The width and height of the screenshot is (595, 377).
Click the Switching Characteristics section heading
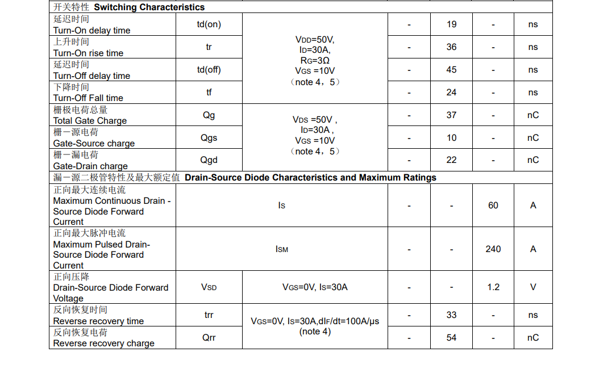point(149,7)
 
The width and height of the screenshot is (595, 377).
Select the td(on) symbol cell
point(209,24)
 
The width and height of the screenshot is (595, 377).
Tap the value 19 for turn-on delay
point(451,24)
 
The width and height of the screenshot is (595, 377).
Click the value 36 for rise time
point(451,47)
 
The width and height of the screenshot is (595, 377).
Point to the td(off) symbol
point(209,70)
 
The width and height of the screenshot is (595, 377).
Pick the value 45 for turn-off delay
point(451,70)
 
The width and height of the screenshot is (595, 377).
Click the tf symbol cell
point(209,92)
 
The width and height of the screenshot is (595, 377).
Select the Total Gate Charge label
point(90,120)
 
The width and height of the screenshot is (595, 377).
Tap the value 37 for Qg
point(451,115)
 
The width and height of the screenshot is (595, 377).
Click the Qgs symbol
point(209,137)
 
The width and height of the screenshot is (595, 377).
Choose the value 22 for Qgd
point(451,160)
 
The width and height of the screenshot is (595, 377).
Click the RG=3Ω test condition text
point(315,60)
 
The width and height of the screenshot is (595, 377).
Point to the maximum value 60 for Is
point(493,206)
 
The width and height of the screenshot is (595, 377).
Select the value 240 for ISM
point(493,249)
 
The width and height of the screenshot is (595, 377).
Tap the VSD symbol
point(209,287)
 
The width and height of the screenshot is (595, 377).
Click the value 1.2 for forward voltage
point(493,287)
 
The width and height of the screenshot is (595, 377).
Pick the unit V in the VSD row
point(532,287)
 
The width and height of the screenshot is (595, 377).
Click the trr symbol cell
point(209,315)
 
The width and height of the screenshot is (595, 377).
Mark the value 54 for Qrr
point(451,337)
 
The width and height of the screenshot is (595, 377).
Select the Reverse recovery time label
point(98,321)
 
